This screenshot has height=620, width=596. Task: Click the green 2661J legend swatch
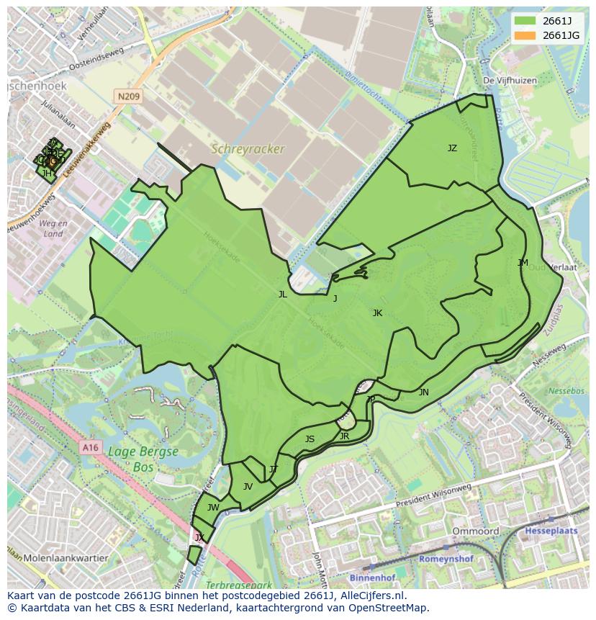coord(525,20)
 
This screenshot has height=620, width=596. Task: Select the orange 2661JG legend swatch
coord(525,35)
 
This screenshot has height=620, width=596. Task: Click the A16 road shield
coord(90,447)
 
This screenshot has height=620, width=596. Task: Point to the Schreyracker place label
coord(247,149)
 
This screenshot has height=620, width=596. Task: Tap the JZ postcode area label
coord(452,148)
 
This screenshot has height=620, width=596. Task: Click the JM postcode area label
coord(523,263)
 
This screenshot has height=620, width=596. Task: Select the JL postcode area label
coord(283,294)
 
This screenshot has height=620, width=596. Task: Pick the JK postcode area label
coord(377,313)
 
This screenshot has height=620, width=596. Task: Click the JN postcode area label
coord(424,392)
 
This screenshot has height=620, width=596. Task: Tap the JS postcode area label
coord(310,439)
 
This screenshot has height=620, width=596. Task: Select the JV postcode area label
coord(248,487)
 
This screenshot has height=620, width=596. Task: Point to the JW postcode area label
coord(213,508)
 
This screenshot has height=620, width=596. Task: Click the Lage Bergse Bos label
coord(143,459)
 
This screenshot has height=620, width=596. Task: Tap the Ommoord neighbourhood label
coord(475,531)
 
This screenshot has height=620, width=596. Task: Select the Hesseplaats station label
coord(554,530)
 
